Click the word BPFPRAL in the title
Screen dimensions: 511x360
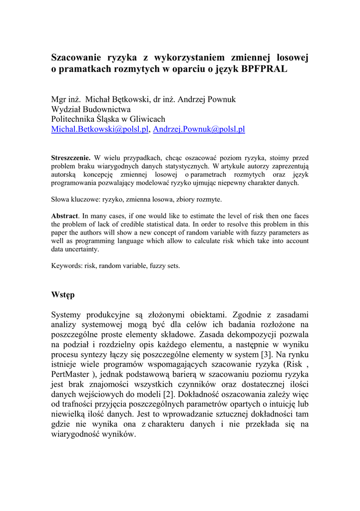click(265, 70)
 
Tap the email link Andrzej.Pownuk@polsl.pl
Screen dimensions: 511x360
click(199, 129)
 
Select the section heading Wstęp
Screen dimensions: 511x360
click(63, 295)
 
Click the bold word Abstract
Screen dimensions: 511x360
click(65, 216)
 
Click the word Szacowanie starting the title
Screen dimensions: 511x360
click(76, 58)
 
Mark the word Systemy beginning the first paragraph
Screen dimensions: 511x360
click(68, 315)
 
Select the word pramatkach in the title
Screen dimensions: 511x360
click(85, 70)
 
